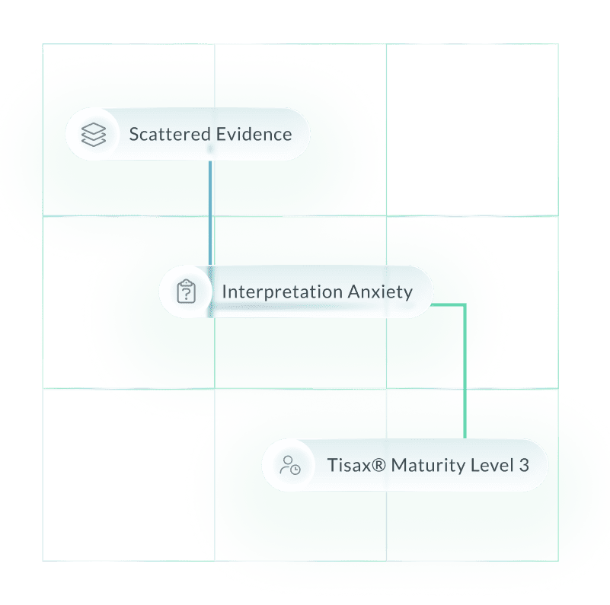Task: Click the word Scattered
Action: tap(170, 135)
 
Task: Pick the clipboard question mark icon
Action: tap(187, 292)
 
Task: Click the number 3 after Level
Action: tap(523, 465)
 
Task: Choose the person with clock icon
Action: tap(289, 465)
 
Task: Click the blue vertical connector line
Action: tap(210, 213)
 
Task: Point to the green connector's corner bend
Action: tap(464, 306)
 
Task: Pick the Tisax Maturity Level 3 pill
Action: tap(404, 465)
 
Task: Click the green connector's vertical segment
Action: tap(464, 373)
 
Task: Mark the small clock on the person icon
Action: tap(295, 470)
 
